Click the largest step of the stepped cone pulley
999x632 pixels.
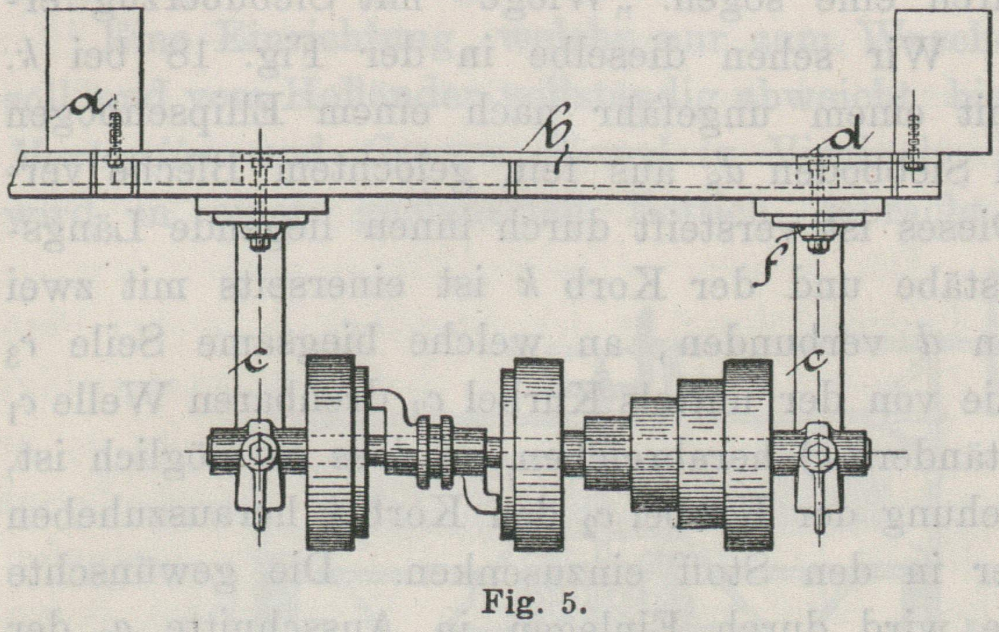click(747, 454)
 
